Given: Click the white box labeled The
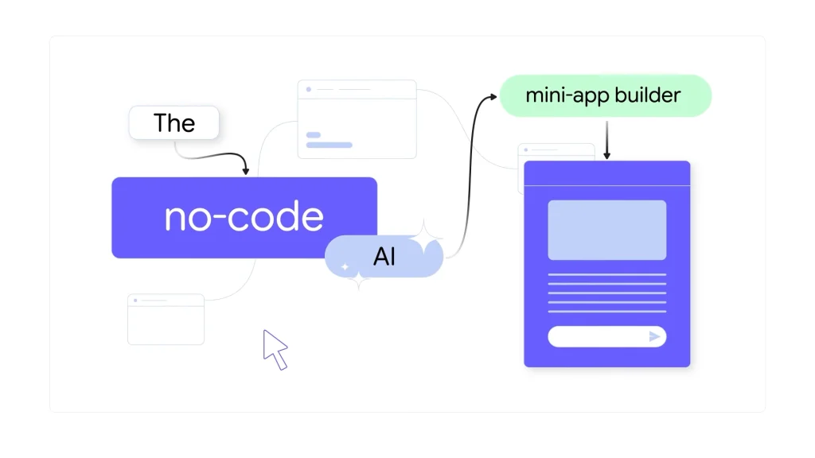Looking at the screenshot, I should click(174, 123).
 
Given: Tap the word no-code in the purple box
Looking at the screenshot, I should click(244, 217).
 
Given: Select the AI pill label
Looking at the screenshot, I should click(384, 257).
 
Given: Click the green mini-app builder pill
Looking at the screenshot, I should click(604, 96).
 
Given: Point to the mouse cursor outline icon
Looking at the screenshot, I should click(274, 349).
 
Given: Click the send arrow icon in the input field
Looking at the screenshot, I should click(654, 336).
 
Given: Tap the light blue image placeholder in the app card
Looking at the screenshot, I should click(606, 230).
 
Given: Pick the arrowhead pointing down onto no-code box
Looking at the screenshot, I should click(245, 170).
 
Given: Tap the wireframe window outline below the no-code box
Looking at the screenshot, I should click(166, 320).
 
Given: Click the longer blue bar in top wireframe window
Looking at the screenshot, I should click(329, 145).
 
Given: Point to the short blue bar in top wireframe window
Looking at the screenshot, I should click(314, 135).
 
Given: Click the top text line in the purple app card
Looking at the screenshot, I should click(606, 274).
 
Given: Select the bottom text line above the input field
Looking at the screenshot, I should click(606, 311).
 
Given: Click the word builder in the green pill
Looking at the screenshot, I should click(652, 96).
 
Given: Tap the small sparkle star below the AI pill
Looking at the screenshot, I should click(359, 279).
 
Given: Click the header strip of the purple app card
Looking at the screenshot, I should click(606, 173).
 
